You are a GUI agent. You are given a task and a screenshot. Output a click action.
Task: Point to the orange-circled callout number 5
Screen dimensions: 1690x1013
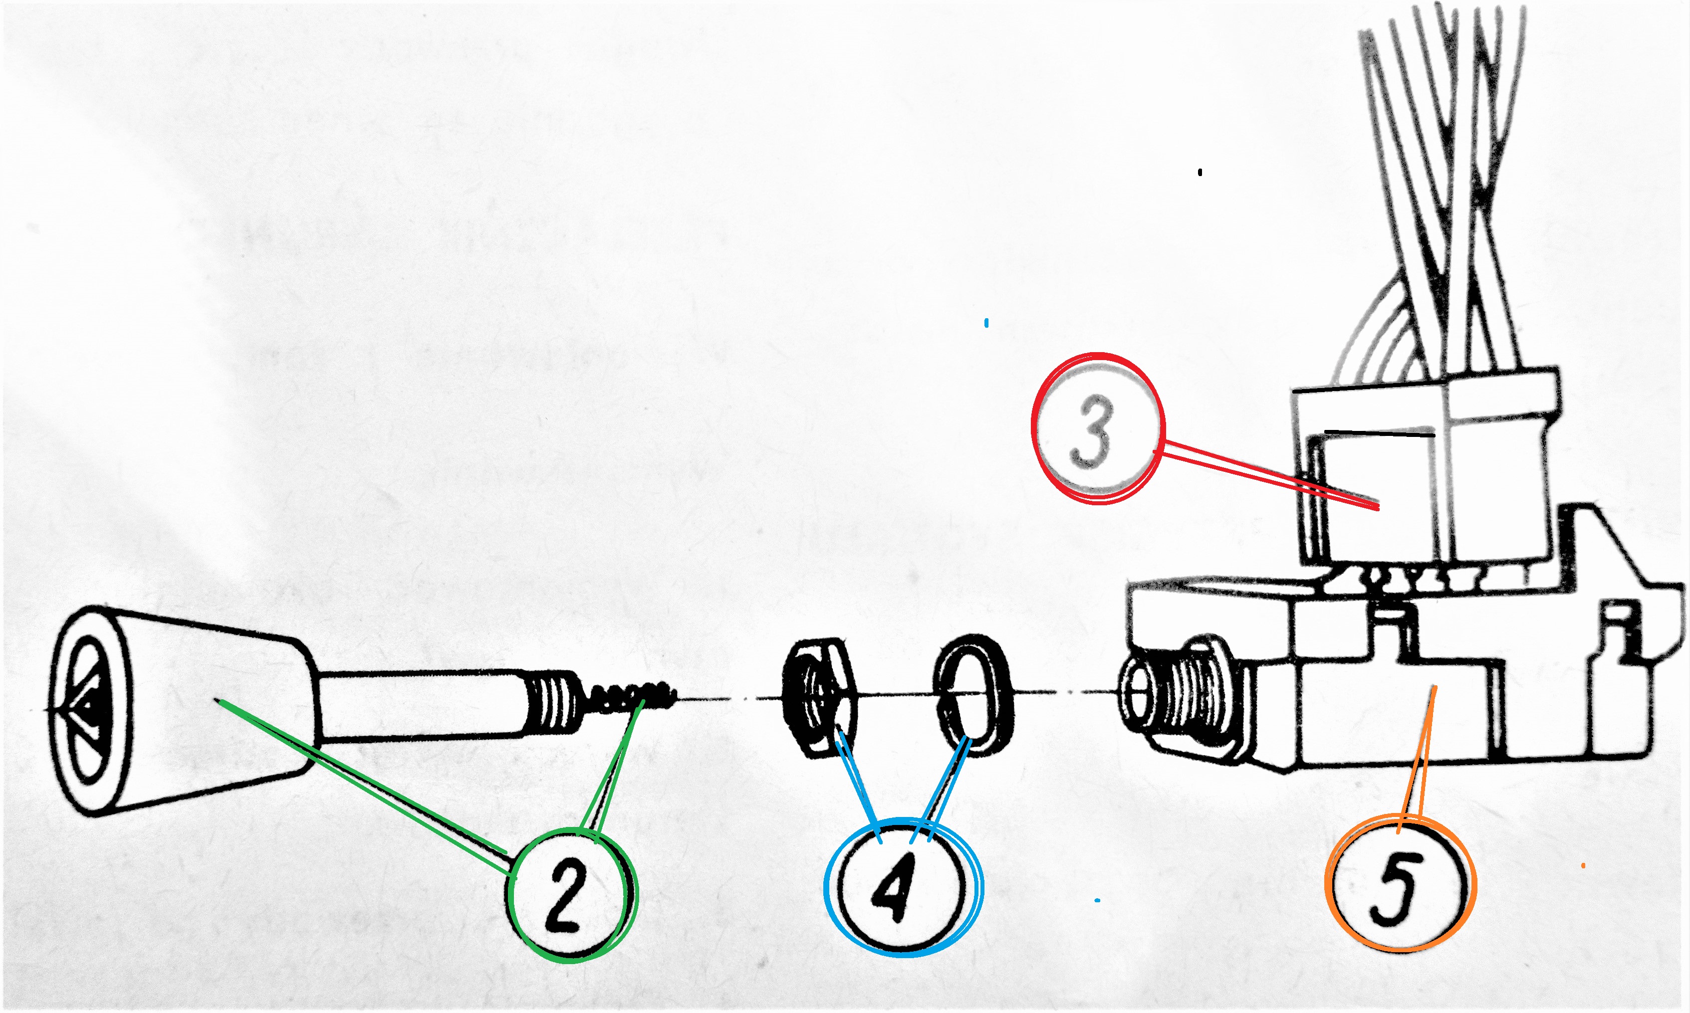pos(1400,887)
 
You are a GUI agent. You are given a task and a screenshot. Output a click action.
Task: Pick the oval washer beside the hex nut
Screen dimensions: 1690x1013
pos(973,693)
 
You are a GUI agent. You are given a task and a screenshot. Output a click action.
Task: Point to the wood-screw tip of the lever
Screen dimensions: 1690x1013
pos(632,696)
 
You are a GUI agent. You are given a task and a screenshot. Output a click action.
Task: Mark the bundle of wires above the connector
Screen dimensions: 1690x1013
pos(1441,191)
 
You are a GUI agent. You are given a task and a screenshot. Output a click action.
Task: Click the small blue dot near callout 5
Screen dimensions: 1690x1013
pos(1097,900)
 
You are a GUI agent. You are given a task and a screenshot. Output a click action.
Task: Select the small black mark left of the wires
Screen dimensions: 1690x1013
pos(1200,172)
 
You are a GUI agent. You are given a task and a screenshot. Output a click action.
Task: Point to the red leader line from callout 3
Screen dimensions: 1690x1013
pos(1267,476)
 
